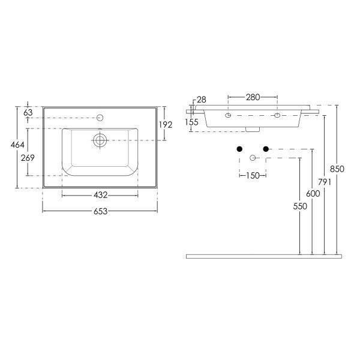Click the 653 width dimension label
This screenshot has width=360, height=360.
100,211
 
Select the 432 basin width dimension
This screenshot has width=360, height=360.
100,195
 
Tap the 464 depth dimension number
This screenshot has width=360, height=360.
17,145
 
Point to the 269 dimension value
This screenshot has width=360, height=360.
28,158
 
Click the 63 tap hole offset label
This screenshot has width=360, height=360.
28,113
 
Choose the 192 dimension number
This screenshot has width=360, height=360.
166,125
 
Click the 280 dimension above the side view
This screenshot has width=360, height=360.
253,97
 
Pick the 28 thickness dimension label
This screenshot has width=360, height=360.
202,100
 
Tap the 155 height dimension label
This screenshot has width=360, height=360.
191,122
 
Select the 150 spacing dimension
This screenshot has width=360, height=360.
253,176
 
